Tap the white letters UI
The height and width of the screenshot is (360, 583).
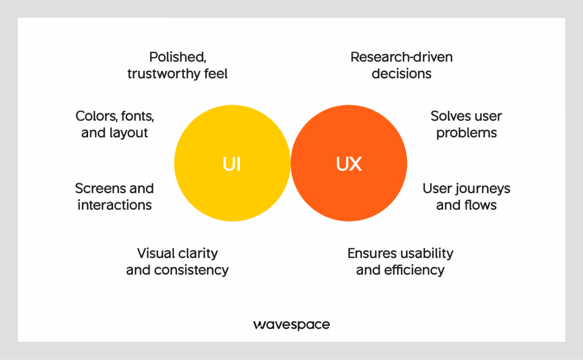click(x=231, y=164)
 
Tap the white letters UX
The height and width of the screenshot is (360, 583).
click(x=349, y=164)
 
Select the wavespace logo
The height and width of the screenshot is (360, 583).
click(x=291, y=324)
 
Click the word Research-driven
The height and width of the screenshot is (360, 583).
click(x=401, y=57)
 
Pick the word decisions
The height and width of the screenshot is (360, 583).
click(x=401, y=73)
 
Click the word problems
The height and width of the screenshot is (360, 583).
click(x=466, y=133)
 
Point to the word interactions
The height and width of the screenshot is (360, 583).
click(x=114, y=205)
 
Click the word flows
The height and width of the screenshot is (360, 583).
click(x=481, y=205)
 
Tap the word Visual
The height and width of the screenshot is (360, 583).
click(x=156, y=253)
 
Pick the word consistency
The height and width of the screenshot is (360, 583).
click(x=191, y=270)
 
